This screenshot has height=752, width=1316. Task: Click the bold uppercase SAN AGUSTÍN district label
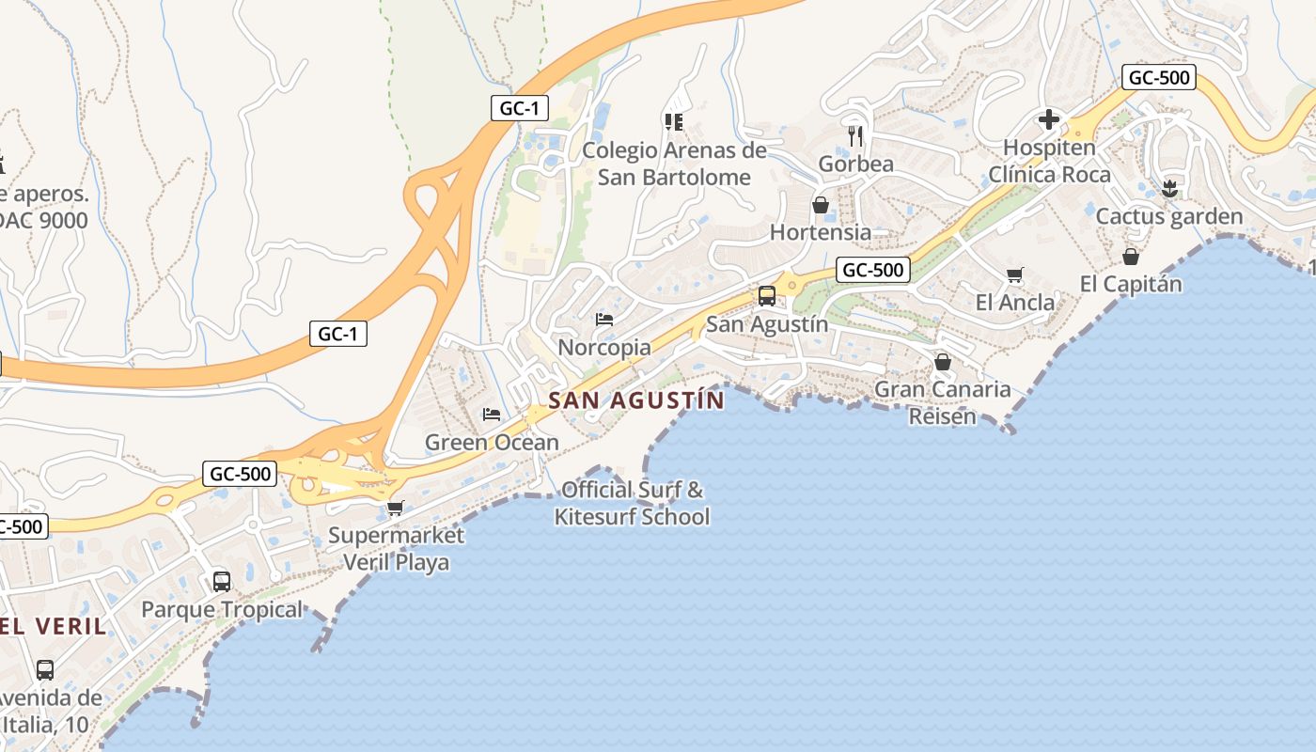click(x=636, y=400)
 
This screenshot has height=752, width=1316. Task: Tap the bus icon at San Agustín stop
click(x=767, y=296)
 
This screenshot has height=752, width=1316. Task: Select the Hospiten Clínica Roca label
click(x=1049, y=161)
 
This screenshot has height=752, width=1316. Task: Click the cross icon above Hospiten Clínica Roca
click(x=1049, y=119)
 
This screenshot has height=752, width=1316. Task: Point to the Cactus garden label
click(x=1169, y=217)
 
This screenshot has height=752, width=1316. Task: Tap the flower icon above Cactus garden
click(x=1169, y=188)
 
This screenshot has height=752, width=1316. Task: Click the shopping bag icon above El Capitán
click(x=1131, y=256)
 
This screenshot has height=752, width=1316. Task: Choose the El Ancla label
click(x=1015, y=303)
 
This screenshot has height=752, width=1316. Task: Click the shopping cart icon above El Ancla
click(x=1014, y=275)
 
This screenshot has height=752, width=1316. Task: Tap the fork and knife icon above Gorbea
click(x=855, y=135)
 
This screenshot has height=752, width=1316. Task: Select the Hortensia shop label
click(x=821, y=231)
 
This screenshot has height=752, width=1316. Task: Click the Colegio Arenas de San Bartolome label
click(x=675, y=164)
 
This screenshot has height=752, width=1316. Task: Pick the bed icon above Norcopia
click(x=604, y=320)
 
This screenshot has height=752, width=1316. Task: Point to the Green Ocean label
click(x=492, y=442)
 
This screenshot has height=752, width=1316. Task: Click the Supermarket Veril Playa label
click(x=396, y=549)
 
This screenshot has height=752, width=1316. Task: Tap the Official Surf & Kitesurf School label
click(x=632, y=503)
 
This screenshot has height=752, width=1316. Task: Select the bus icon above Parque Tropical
click(x=222, y=581)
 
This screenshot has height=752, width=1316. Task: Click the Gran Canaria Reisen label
click(x=943, y=402)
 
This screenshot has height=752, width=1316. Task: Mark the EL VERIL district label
click(x=53, y=626)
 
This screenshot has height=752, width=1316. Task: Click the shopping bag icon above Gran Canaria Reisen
click(x=943, y=362)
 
